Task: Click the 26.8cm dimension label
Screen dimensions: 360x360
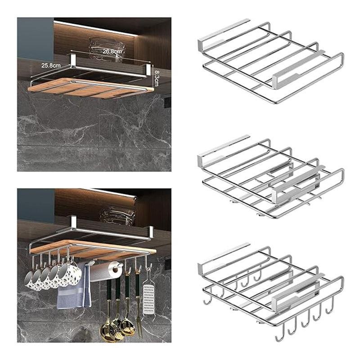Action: [112, 51]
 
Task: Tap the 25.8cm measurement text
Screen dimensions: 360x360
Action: [51, 65]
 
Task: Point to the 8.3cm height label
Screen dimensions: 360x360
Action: [156, 78]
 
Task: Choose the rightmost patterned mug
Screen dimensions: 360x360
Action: [70, 275]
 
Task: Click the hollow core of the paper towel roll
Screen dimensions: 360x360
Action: [115, 269]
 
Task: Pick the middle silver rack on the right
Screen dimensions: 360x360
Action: [271, 177]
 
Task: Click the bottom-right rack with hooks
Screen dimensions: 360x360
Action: [271, 292]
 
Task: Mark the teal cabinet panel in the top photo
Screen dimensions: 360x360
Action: [36, 38]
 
